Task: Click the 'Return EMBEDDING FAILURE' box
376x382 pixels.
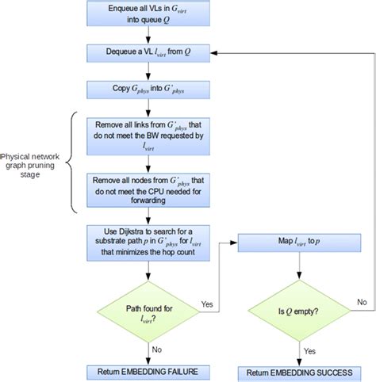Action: point(143,369)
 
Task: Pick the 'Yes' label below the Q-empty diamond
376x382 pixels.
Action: point(310,350)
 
